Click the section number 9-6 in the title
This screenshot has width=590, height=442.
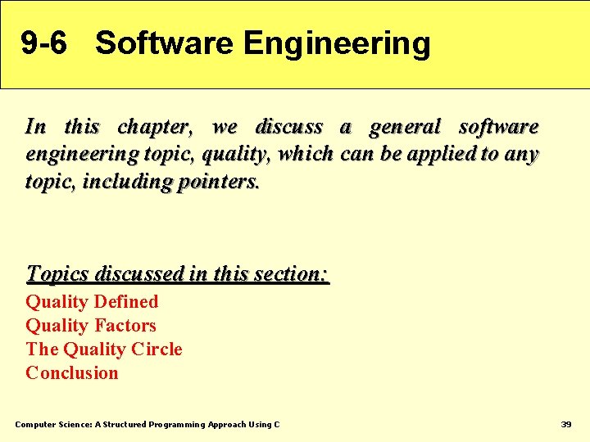[x=44, y=43]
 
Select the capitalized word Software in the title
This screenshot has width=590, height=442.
[x=164, y=43]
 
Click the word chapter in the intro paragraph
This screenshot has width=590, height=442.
[x=154, y=128]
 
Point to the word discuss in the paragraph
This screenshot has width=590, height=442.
[x=289, y=128]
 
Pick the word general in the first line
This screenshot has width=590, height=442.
[x=405, y=128]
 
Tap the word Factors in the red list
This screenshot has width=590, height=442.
[x=125, y=326]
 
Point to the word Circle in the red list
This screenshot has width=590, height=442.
[x=157, y=350]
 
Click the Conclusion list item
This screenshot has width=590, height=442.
[x=72, y=373]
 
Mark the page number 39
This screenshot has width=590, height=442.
[x=565, y=425]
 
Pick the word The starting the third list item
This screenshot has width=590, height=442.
[x=42, y=350]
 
